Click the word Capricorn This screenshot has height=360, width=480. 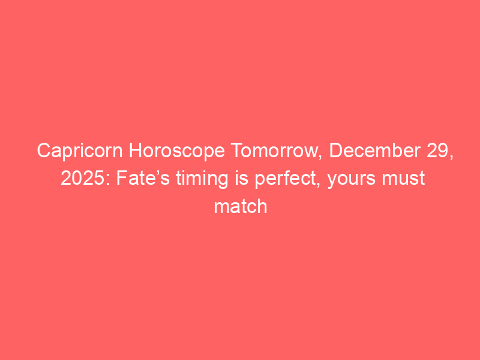80,151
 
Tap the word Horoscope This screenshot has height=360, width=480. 177,151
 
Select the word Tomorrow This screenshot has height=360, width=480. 274,151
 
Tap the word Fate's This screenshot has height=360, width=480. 143,178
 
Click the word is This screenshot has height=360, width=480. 242,178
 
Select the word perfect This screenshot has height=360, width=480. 286,179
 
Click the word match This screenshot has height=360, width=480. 241,206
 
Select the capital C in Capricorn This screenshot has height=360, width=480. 44,151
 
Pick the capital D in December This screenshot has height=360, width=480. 336,151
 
